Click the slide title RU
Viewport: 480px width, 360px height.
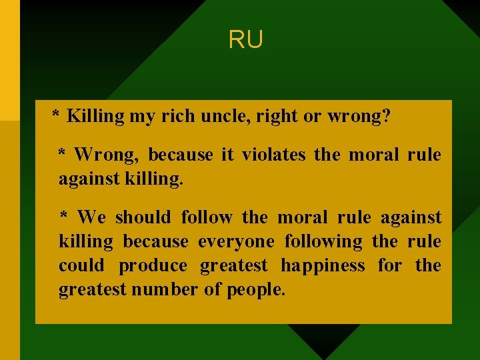click(x=246, y=40)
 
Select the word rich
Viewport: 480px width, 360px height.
click(x=176, y=116)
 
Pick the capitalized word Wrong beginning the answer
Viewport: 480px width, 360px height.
click(x=107, y=155)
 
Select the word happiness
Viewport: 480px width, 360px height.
click(x=323, y=265)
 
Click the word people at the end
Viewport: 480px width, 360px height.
click(x=256, y=290)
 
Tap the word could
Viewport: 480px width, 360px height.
click(x=81, y=265)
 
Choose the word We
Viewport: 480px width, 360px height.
click(x=91, y=217)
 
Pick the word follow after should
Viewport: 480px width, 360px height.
click(x=207, y=217)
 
